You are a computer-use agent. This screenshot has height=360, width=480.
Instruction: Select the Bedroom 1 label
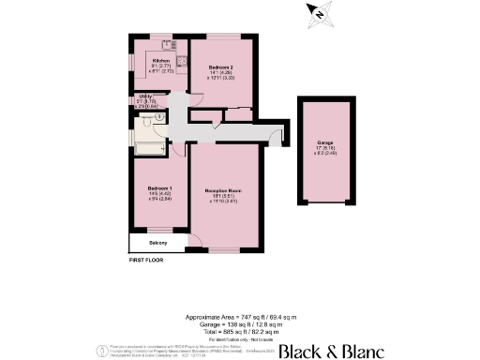(x=158, y=187)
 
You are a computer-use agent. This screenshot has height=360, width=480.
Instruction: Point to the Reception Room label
(x=224, y=191)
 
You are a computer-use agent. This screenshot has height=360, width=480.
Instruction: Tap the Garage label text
(x=324, y=142)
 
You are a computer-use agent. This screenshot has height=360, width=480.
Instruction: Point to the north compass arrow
(x=319, y=13)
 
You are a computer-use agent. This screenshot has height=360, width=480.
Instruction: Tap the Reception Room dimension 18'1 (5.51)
(x=224, y=196)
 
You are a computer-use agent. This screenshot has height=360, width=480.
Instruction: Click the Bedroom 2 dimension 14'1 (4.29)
(x=219, y=73)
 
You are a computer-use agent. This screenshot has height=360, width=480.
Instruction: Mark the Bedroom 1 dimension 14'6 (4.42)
(x=158, y=193)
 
